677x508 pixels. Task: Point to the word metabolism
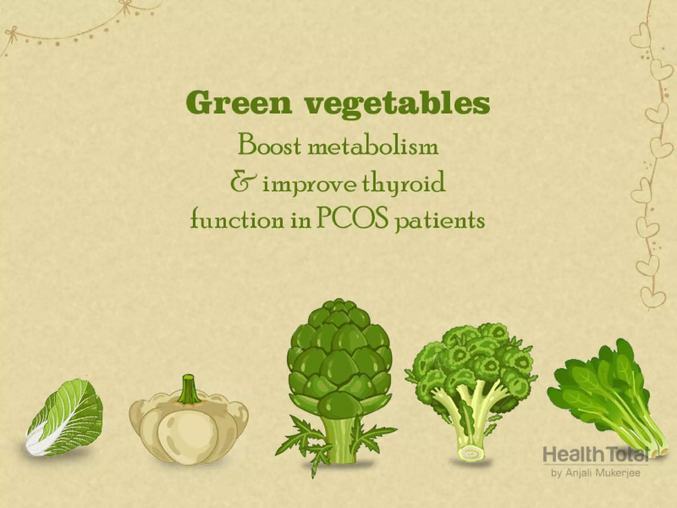(x=373, y=147)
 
